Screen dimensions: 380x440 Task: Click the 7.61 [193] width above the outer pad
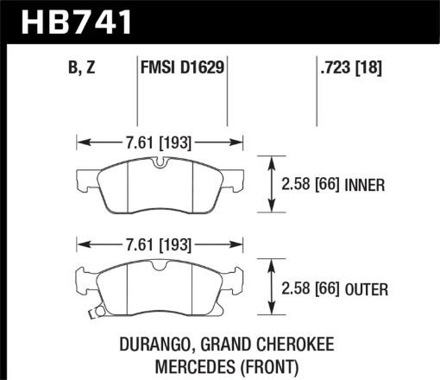click(x=160, y=244)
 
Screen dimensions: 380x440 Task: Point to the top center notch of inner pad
click(x=160, y=164)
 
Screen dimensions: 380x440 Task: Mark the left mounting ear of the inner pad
click(x=85, y=180)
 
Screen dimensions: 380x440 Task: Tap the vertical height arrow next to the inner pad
click(x=273, y=184)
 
